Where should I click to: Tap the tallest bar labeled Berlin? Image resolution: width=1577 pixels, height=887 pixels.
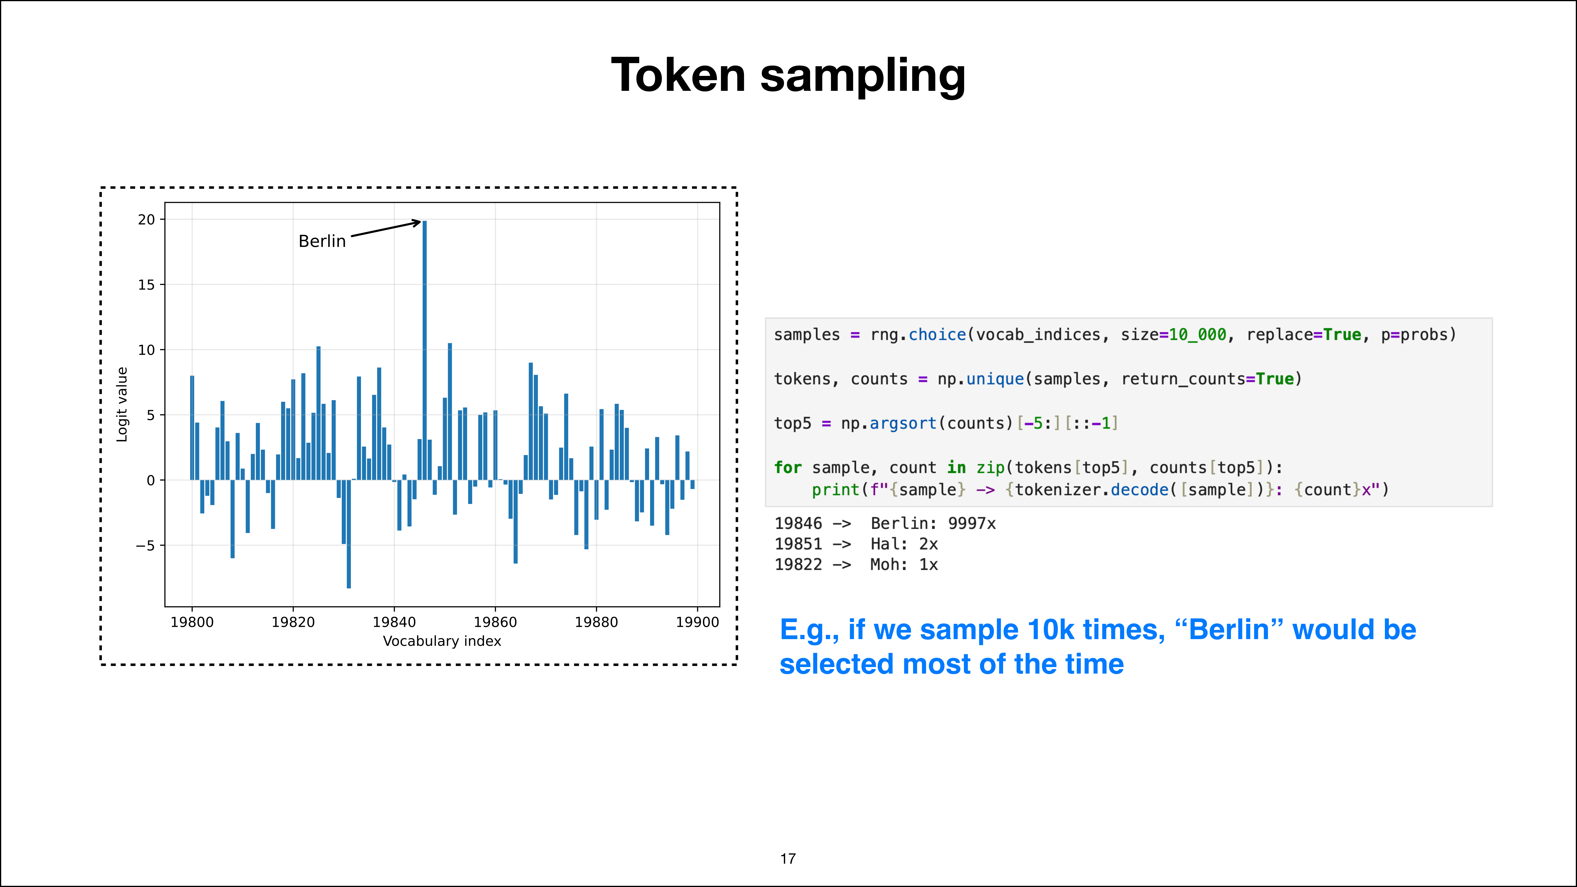coord(424,350)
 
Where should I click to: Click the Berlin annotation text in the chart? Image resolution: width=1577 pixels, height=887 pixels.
coord(322,241)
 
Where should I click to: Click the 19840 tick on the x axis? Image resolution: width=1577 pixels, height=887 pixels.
coord(394,622)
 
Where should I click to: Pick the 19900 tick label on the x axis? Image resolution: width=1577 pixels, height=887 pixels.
coord(697,622)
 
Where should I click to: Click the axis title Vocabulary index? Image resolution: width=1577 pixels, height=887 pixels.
coord(442,641)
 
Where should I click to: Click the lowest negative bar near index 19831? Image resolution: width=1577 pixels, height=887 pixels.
coord(348,534)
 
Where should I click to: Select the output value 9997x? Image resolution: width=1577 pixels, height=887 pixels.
coord(972,523)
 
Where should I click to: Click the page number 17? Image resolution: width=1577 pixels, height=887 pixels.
coord(788,859)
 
